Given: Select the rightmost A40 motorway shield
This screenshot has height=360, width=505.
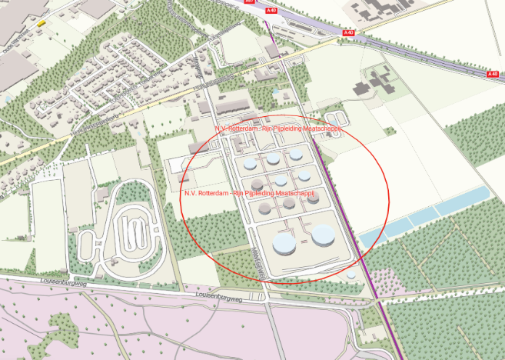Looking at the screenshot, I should coord(493,74).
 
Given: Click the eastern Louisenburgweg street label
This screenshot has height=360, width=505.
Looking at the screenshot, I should coord(219,295).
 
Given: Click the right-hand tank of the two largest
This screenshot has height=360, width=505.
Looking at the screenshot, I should coord(323,235).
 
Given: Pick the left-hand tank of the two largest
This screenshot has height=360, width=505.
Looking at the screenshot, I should coord(284,244).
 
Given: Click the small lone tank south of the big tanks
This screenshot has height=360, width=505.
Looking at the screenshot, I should coord(351,275).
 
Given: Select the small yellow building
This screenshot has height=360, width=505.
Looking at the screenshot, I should coord(41,23).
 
